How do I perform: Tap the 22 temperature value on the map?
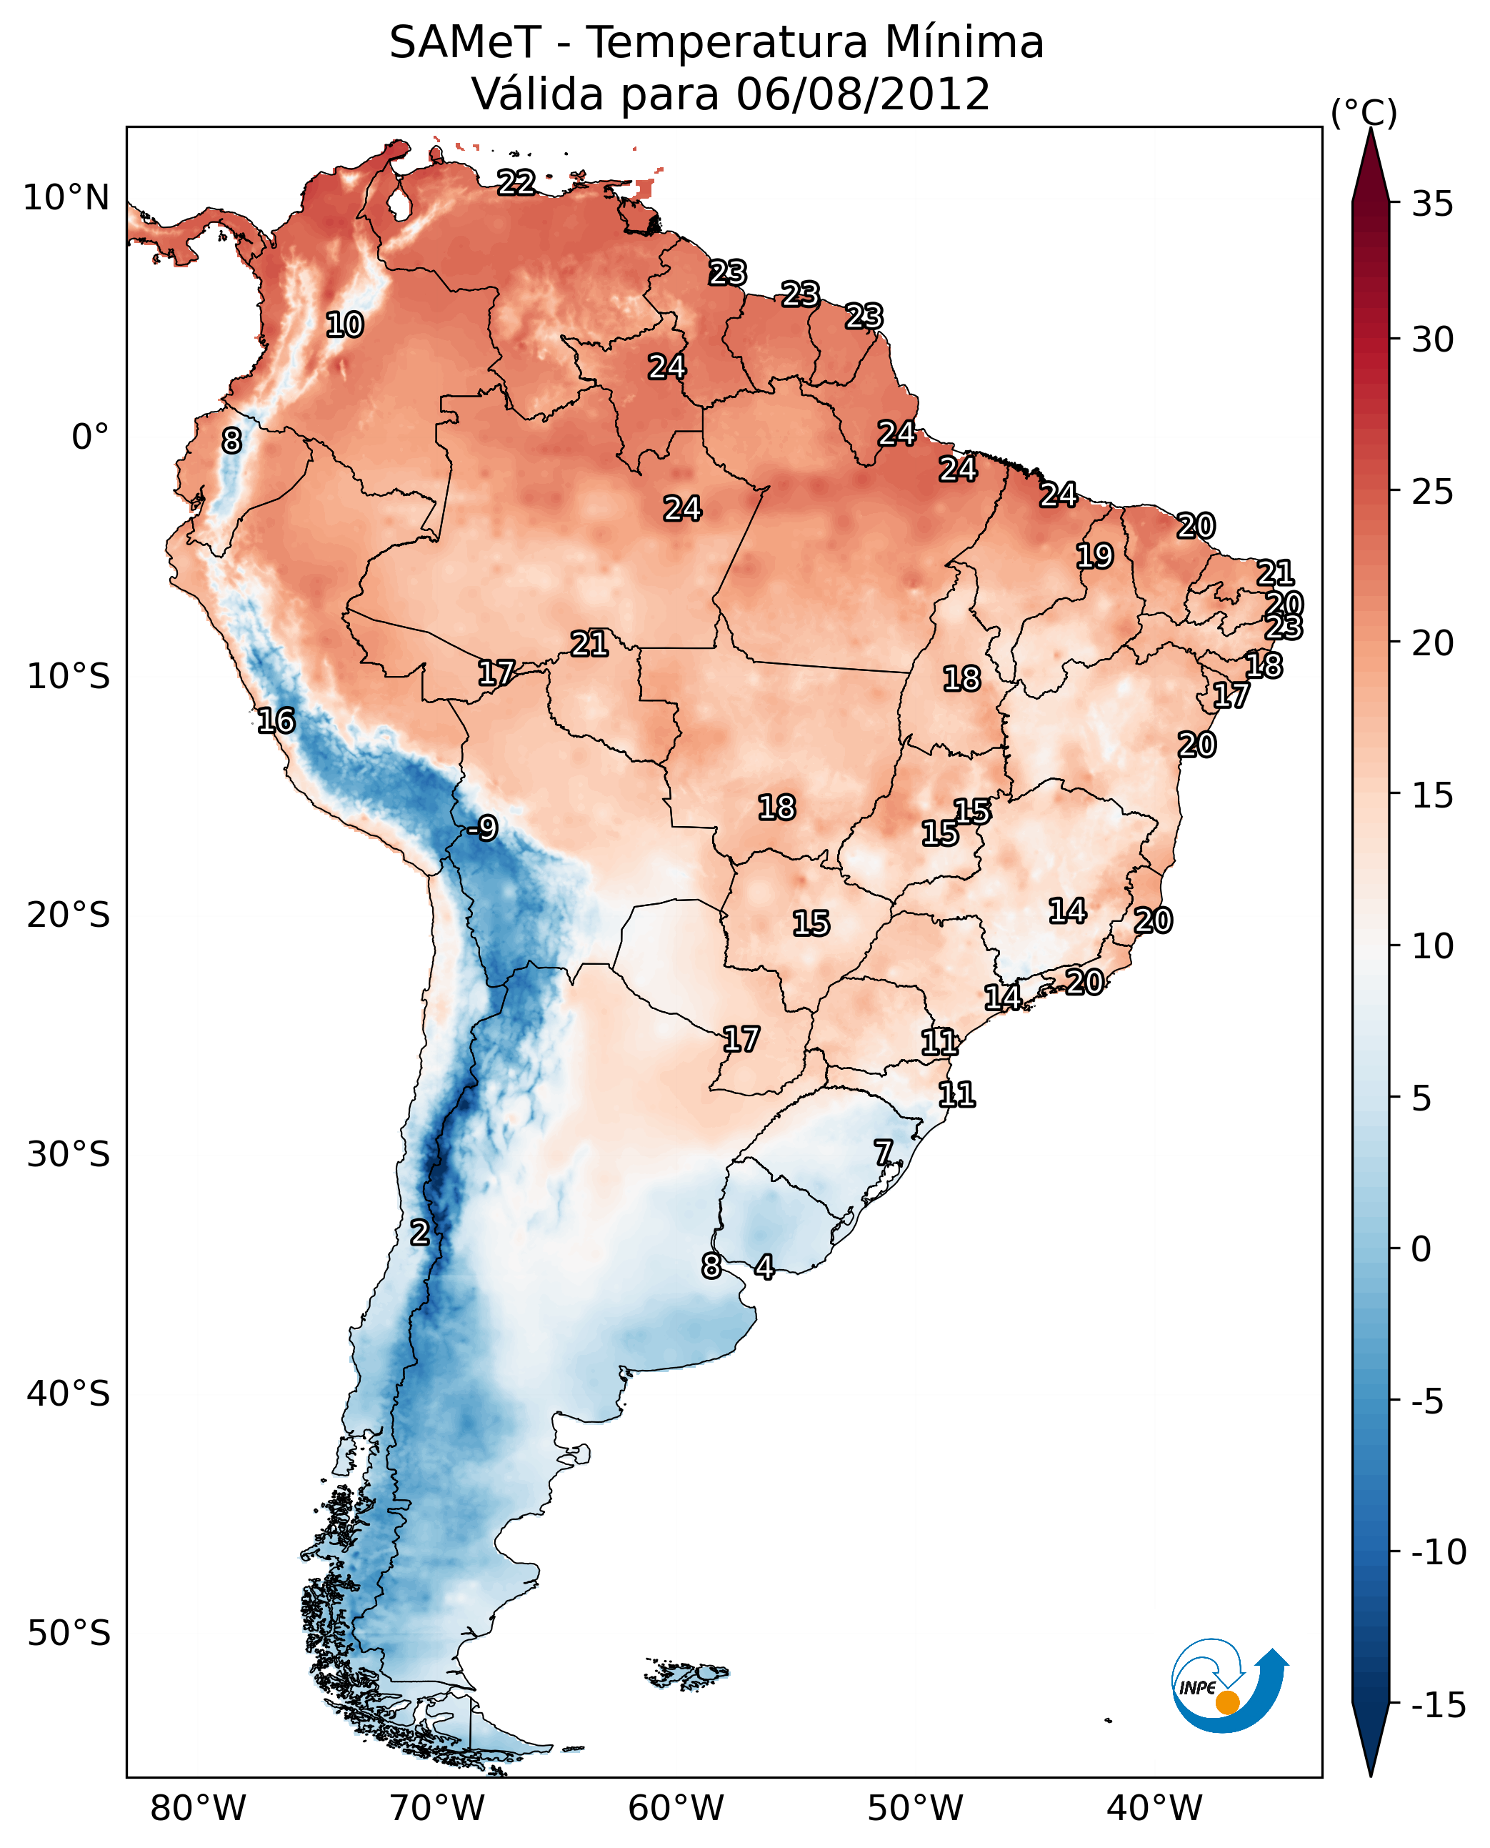coord(516,182)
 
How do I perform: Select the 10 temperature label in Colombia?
coord(344,324)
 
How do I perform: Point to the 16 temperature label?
coord(276,720)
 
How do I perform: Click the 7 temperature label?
coord(883,1153)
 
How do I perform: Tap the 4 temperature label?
coord(764,1266)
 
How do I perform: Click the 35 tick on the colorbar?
coord(1432,204)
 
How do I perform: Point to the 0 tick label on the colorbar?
coord(1421,1249)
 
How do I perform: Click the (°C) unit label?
coord(1364,112)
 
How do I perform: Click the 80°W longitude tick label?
coord(199,1808)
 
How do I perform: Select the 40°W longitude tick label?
coord(1154,1808)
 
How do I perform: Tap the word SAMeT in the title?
coord(465,42)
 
